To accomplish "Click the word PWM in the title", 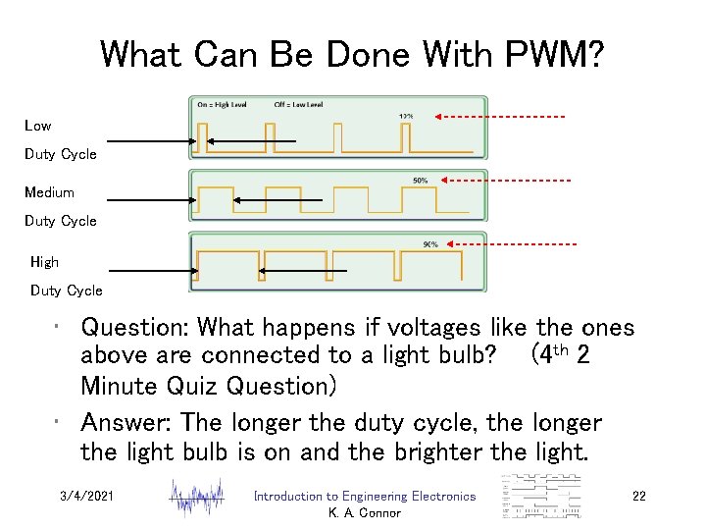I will [x=548, y=54].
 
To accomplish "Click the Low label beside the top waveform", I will [x=38, y=126].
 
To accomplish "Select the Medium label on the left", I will [x=49, y=192].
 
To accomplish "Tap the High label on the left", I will [x=44, y=262].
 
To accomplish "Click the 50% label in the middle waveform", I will [x=420, y=181].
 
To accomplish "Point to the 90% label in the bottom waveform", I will [x=429, y=244].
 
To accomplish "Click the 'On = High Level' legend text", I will [x=222, y=105].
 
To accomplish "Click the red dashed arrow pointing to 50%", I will [x=506, y=181].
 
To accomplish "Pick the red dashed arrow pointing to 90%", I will [x=511, y=244].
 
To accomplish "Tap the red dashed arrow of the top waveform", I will [x=501, y=118].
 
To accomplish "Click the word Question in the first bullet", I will [x=145, y=328].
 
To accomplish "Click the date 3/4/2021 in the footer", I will [x=86, y=497].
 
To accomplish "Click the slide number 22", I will [x=638, y=497].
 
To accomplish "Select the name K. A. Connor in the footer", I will [x=364, y=513].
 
